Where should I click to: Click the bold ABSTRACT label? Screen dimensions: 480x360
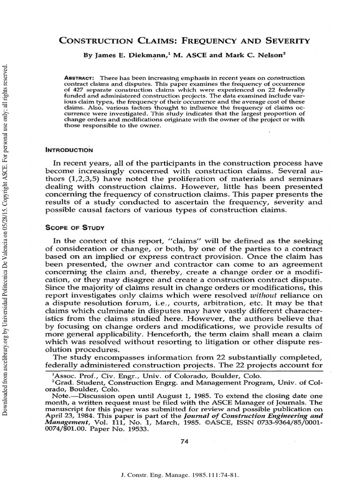(78, 77)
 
